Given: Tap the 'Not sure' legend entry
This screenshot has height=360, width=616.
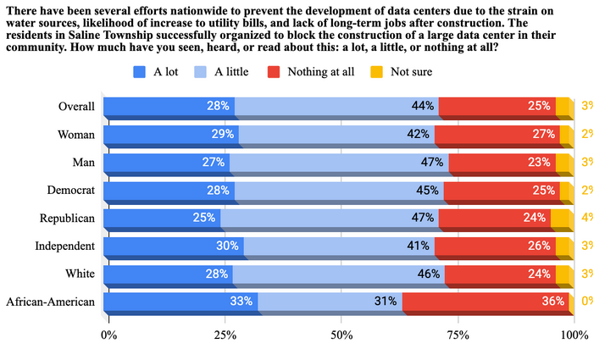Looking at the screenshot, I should coord(411,71).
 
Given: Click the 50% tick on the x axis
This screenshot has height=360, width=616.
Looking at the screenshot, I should coord(341,335).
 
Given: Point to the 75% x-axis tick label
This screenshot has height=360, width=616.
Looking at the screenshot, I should coord(458,335).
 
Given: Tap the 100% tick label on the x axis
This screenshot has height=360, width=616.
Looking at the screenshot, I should coord(574,335).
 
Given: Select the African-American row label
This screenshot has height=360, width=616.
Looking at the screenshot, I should coord(50,302).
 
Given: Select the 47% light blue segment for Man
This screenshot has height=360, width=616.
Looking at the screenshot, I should coord(339,162).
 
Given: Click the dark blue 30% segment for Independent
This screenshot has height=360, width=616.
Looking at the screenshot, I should coord(174,246).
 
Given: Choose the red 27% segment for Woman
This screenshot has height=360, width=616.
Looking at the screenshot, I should coord(497,134).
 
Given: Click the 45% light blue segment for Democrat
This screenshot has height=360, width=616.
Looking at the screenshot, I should coord(339,190).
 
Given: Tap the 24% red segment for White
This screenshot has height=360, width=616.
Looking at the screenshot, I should coord(501,274).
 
